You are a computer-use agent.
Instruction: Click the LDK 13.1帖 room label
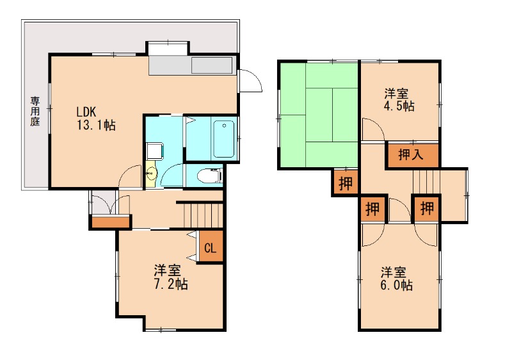(x=96, y=119)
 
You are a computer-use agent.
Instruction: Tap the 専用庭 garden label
(x=35, y=111)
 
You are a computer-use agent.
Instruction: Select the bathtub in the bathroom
(x=223, y=139)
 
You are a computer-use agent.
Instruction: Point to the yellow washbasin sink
(x=152, y=174)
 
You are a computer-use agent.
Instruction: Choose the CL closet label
(x=211, y=249)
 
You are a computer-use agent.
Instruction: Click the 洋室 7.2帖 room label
(x=170, y=277)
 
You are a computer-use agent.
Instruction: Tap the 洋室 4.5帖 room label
(x=399, y=100)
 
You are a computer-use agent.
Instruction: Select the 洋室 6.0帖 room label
(x=396, y=279)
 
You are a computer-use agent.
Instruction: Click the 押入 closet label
(x=411, y=154)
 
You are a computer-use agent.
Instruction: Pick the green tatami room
(x=319, y=115)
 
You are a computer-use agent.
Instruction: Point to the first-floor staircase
(x=203, y=215)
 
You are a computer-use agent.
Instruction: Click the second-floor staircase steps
(x=426, y=183)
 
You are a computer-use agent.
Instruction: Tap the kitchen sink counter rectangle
(x=212, y=65)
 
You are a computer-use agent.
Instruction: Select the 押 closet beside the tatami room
(x=346, y=183)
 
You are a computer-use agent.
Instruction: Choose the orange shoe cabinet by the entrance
(x=111, y=222)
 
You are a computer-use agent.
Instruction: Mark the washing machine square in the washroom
(x=155, y=151)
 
